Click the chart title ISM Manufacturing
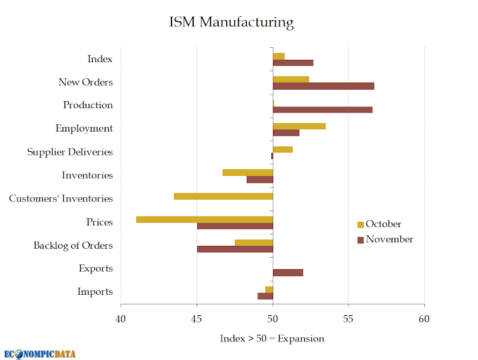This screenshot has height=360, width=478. pyautogui.click(x=231, y=22)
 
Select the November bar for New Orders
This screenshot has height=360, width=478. pyautogui.click(x=323, y=86)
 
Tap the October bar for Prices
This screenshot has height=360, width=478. pyautogui.click(x=204, y=219)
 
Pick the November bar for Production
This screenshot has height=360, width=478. pyautogui.click(x=323, y=110)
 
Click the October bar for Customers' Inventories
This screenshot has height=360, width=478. pyautogui.click(x=223, y=196)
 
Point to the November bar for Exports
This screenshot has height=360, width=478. pyautogui.click(x=288, y=273)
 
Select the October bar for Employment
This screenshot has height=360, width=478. pyautogui.click(x=299, y=126)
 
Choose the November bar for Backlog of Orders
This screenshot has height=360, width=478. pyautogui.click(x=235, y=249)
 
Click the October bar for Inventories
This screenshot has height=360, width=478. pyautogui.click(x=248, y=172)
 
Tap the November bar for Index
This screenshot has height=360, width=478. pyautogui.click(x=293, y=63)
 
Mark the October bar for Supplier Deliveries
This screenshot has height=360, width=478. pyautogui.click(x=283, y=150)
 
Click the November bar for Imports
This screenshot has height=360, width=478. pyautogui.click(x=265, y=296)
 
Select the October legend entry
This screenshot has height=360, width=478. pyautogui.click(x=379, y=224)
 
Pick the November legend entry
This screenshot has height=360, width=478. pyautogui.click(x=385, y=239)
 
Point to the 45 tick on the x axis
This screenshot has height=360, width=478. pyautogui.click(x=197, y=319)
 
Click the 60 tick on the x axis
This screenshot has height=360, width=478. pyautogui.click(x=424, y=319)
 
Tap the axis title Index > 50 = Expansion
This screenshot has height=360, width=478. pyautogui.click(x=272, y=338)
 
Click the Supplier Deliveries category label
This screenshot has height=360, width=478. pyautogui.click(x=70, y=152)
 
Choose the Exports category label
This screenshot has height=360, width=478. pyautogui.click(x=96, y=268)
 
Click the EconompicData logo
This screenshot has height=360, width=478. pyautogui.click(x=39, y=354)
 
